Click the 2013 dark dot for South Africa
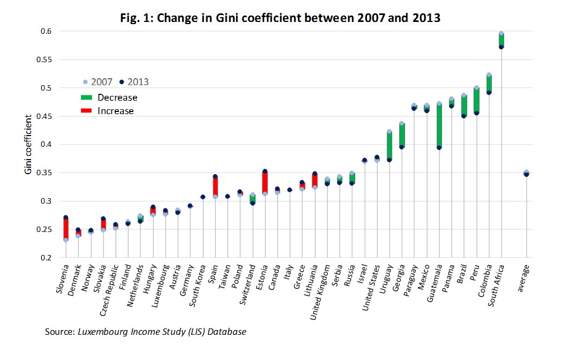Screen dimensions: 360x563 click(x=501, y=47)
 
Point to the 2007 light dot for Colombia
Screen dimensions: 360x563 click(x=489, y=75)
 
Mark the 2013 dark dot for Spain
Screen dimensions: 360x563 click(x=215, y=176)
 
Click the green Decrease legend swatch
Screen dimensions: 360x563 click(x=86, y=97)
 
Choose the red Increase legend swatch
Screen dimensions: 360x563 click(x=86, y=111)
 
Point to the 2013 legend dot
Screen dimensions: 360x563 click(x=122, y=82)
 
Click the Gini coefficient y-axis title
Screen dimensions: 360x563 click(x=27, y=144)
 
